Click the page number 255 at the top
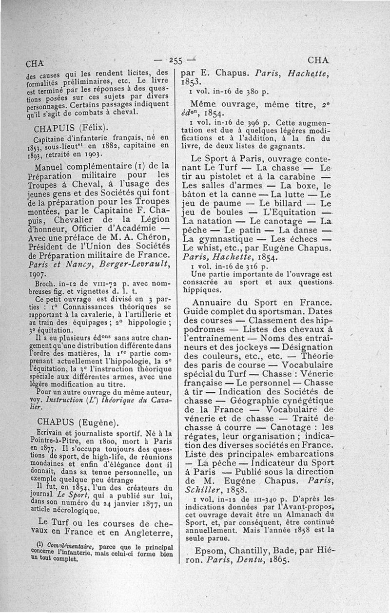coord(175,61)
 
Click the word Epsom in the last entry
coord(210,551)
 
